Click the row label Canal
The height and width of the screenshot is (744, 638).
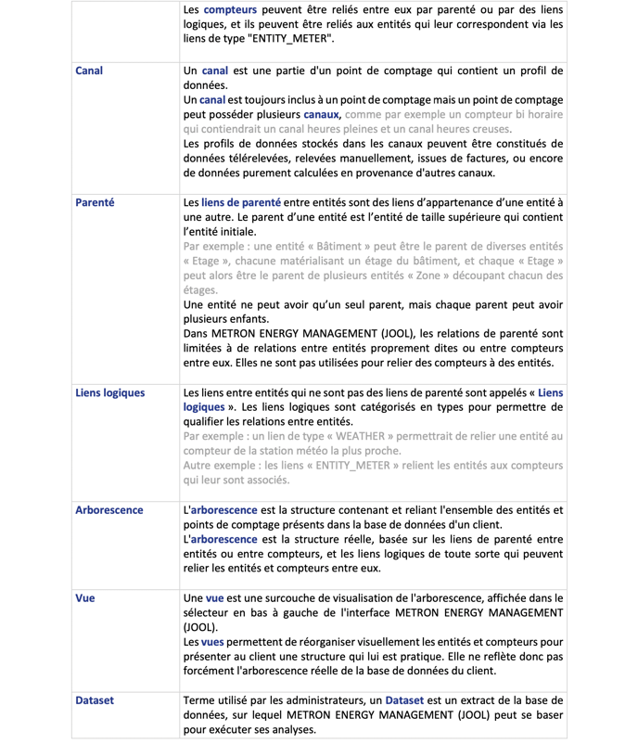coord(88,71)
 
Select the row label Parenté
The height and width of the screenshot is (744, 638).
coord(95,201)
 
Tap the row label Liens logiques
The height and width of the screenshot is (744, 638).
coord(109,392)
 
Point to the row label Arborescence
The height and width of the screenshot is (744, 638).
coord(108,510)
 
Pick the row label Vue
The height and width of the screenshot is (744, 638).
coord(84,598)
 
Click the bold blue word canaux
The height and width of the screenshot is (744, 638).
coord(321,114)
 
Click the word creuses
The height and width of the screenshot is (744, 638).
coord(489,129)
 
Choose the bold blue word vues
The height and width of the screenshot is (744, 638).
coord(211,642)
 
